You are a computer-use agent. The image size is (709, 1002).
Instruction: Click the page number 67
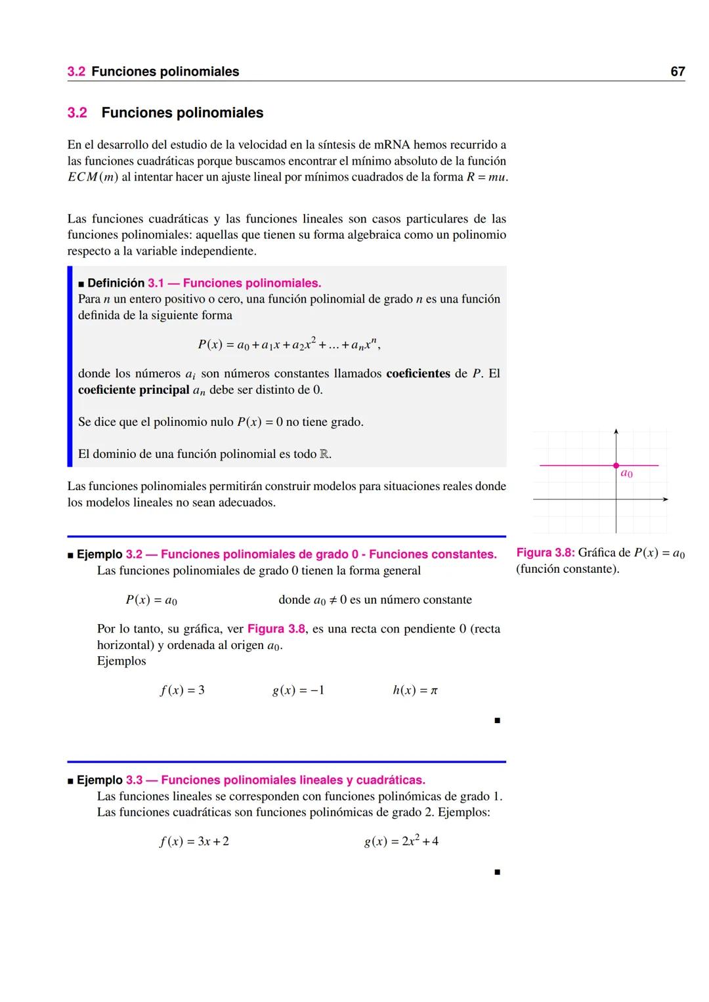pyautogui.click(x=677, y=72)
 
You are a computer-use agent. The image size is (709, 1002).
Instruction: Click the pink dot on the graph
pyautogui.click(x=616, y=465)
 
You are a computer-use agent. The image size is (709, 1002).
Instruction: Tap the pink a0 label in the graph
pyautogui.click(x=626, y=474)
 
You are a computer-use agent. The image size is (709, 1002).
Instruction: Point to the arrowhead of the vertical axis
pyautogui.click(x=616, y=431)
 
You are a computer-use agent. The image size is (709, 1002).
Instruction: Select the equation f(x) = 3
pyautogui.click(x=183, y=690)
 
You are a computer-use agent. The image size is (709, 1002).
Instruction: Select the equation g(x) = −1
pyautogui.click(x=298, y=690)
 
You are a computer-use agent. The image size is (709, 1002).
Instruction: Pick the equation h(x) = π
pyautogui.click(x=415, y=690)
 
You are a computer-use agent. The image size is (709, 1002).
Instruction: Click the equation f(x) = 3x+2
pyautogui.click(x=194, y=841)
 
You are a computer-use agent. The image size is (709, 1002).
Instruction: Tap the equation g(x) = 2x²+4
pyautogui.click(x=401, y=841)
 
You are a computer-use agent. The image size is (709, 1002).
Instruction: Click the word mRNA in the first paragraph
pyautogui.click(x=391, y=144)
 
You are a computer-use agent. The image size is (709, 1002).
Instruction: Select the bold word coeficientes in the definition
pyautogui.click(x=418, y=373)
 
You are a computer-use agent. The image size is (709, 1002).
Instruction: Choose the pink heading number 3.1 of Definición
pyautogui.click(x=156, y=283)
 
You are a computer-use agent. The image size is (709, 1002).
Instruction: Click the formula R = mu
pyautogui.click(x=486, y=177)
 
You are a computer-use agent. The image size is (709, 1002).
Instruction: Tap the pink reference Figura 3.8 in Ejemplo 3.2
pyautogui.click(x=276, y=629)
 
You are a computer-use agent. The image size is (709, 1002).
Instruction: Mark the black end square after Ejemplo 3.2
pyautogui.click(x=497, y=720)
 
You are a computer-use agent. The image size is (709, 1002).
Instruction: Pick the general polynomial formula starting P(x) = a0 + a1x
pyautogui.click(x=289, y=344)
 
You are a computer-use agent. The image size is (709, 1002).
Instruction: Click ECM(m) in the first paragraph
pyautogui.click(x=93, y=177)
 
